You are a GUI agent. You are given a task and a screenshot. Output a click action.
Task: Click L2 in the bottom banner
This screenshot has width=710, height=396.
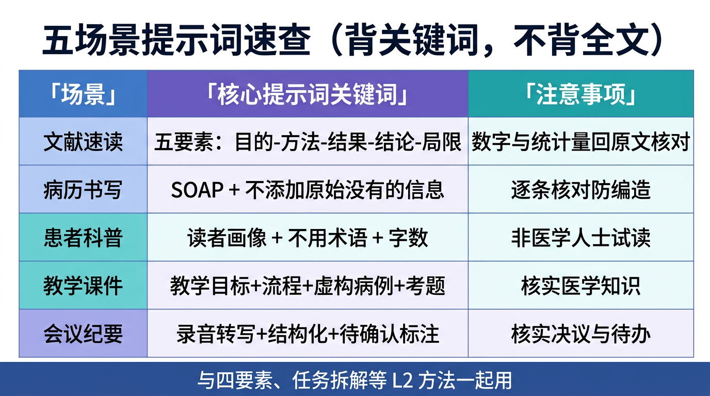(402, 381)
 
